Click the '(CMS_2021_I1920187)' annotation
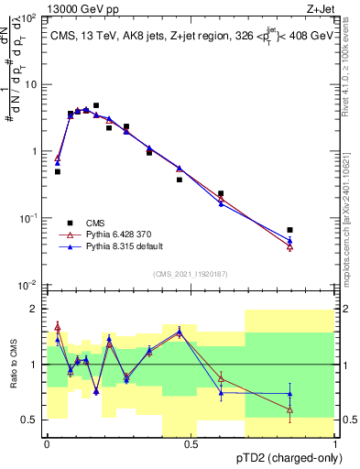[x=191, y=273]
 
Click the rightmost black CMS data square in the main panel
[x=289, y=230]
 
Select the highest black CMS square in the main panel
[x=96, y=105]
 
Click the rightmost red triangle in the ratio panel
[x=289, y=409]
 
